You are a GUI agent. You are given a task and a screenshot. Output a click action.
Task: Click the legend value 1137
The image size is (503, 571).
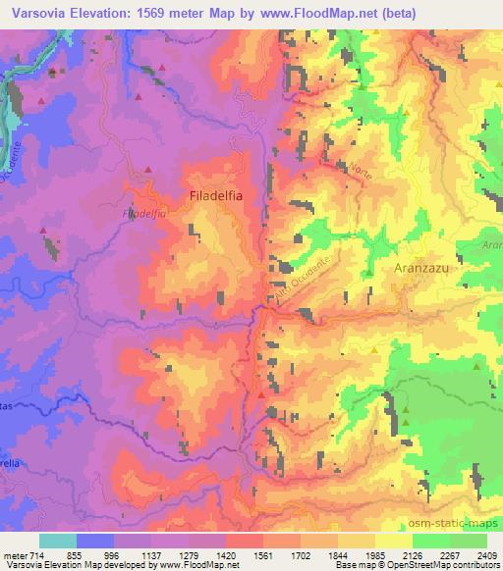point(153,555)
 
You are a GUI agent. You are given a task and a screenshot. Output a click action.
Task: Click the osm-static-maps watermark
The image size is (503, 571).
point(463,521)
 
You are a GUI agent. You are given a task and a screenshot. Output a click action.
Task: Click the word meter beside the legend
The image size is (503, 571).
point(14,555)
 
